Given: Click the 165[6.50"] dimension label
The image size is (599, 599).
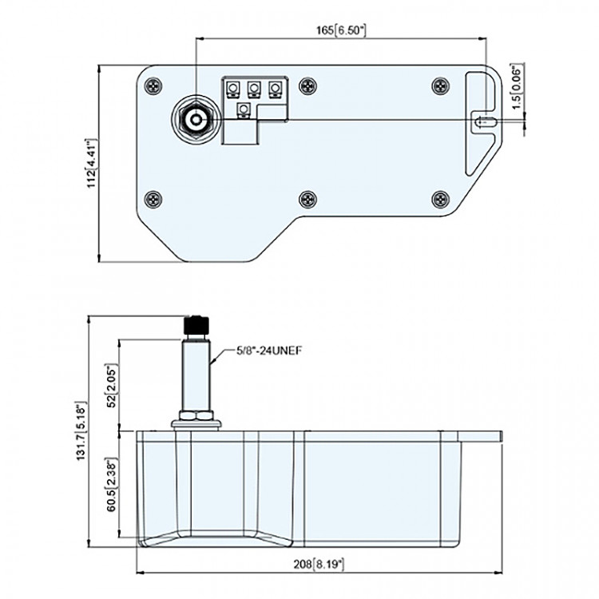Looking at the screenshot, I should click(x=341, y=30).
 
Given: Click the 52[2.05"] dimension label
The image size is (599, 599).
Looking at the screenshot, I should click(x=113, y=384).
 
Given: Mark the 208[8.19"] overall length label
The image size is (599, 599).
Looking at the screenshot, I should click(x=317, y=564).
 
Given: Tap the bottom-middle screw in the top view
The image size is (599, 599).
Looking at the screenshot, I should click(x=308, y=197).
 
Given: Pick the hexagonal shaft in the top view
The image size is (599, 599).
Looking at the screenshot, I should click(x=195, y=121).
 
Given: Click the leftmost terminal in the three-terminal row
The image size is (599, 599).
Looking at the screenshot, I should click(x=234, y=87).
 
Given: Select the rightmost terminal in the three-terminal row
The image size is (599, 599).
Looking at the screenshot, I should click(x=275, y=87).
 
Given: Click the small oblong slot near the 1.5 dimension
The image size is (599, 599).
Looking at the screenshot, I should click(x=484, y=121).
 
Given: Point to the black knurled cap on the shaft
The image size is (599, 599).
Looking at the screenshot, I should click(x=196, y=325).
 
